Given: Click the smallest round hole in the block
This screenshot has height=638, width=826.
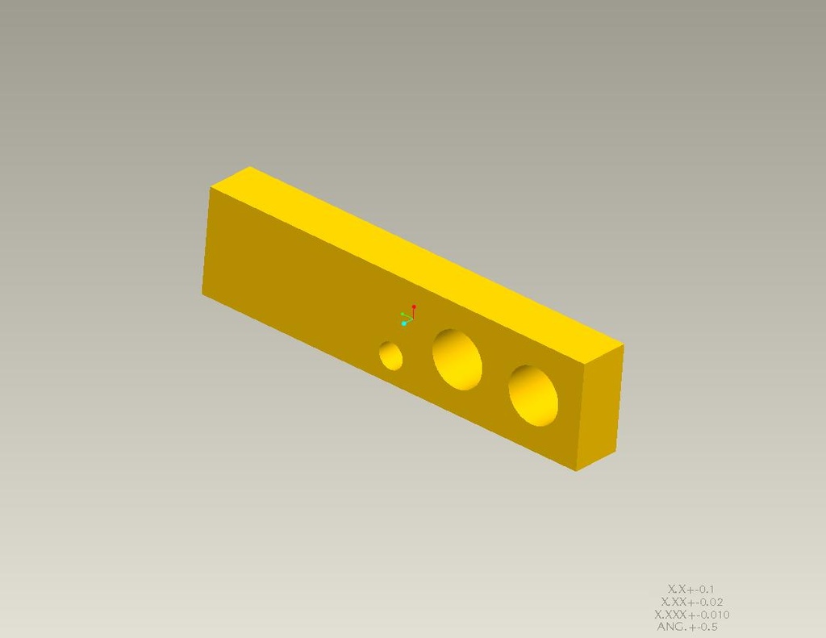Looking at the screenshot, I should [391, 355].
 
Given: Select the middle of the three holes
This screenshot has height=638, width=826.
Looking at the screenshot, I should [457, 359].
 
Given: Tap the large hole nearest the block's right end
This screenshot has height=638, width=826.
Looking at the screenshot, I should [533, 395].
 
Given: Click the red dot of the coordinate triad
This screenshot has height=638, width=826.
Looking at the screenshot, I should [414, 307].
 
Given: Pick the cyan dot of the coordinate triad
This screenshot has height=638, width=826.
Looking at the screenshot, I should [404, 323].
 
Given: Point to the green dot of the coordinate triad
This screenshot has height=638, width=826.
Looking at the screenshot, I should [403, 315].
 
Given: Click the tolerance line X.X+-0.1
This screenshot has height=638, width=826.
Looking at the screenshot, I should [691, 589].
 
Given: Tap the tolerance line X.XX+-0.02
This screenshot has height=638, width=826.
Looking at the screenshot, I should [692, 602].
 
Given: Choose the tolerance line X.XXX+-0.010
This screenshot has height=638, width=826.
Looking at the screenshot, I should [692, 615].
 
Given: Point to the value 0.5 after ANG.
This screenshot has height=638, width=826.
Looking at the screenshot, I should [708, 627].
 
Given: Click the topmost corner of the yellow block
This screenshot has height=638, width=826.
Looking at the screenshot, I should [250, 167].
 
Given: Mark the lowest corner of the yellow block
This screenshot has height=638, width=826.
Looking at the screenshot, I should [576, 470].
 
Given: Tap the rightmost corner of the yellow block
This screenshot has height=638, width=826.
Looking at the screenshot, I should [624, 345].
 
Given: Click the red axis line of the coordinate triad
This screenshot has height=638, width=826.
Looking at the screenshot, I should [414, 313].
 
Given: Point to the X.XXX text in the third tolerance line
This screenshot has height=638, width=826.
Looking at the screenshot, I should [670, 615].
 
